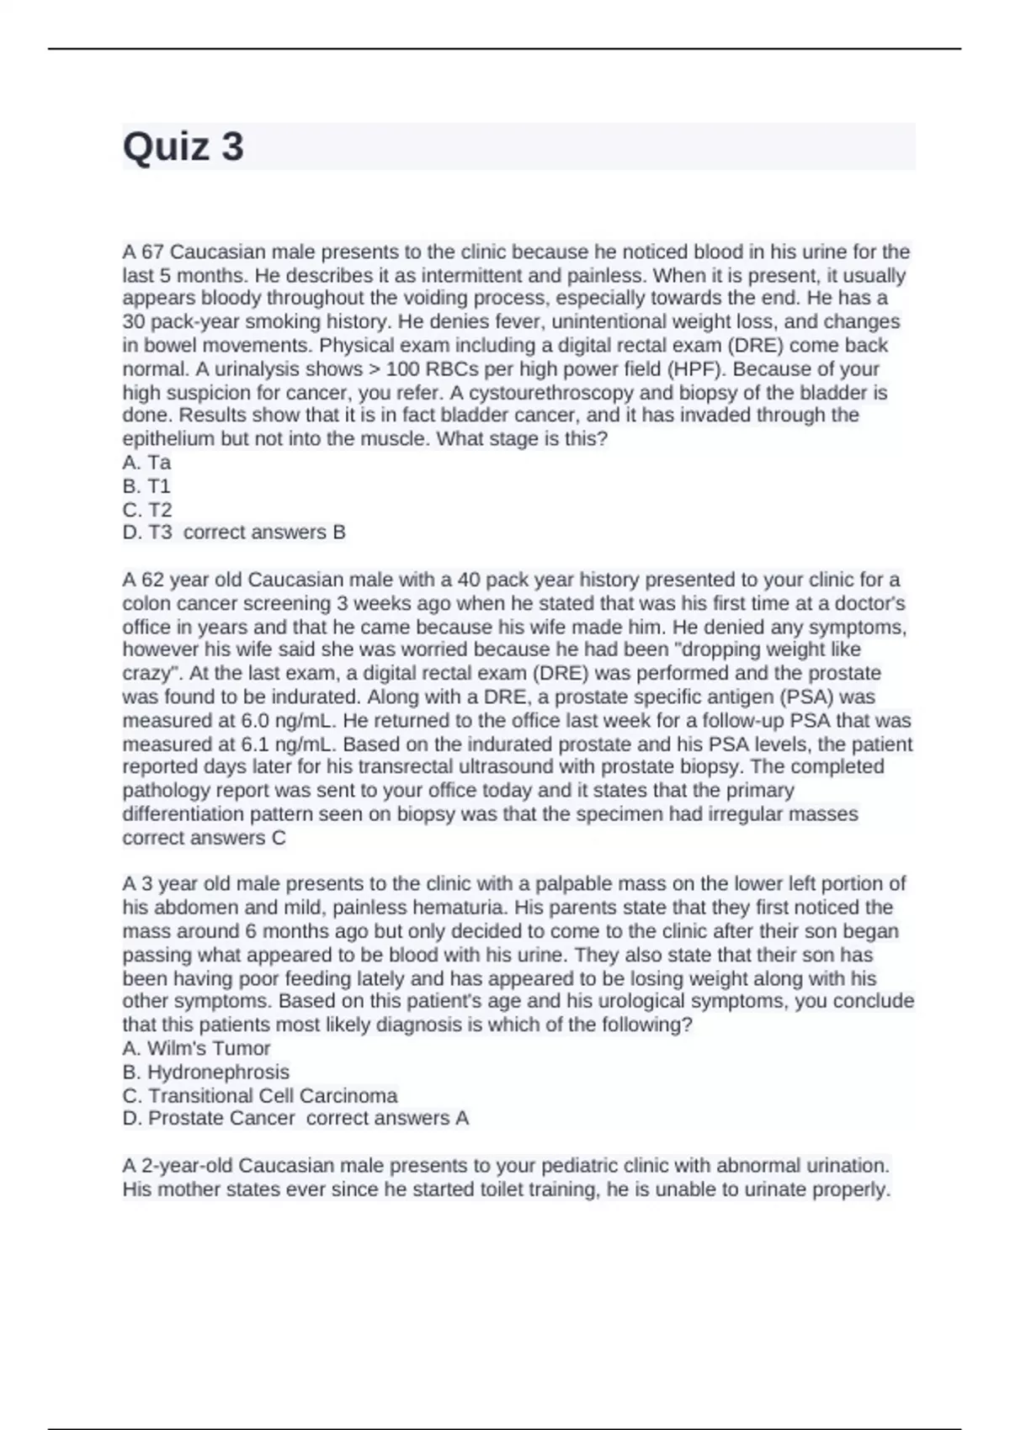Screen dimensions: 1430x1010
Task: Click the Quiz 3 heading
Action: click(x=183, y=147)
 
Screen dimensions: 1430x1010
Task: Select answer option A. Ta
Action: click(x=147, y=463)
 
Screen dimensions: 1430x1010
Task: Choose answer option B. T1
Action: click(x=147, y=486)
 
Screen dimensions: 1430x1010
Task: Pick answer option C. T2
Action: click(x=147, y=510)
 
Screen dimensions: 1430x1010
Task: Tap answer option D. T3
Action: click(x=147, y=532)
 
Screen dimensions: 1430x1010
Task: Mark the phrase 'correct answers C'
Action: click(x=205, y=839)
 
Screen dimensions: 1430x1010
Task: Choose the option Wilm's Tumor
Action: click(x=208, y=1049)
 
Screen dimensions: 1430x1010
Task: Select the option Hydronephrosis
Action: click(x=218, y=1072)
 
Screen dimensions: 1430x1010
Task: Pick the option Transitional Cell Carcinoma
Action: click(x=273, y=1096)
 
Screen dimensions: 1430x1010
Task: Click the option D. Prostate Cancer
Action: click(x=210, y=1119)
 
